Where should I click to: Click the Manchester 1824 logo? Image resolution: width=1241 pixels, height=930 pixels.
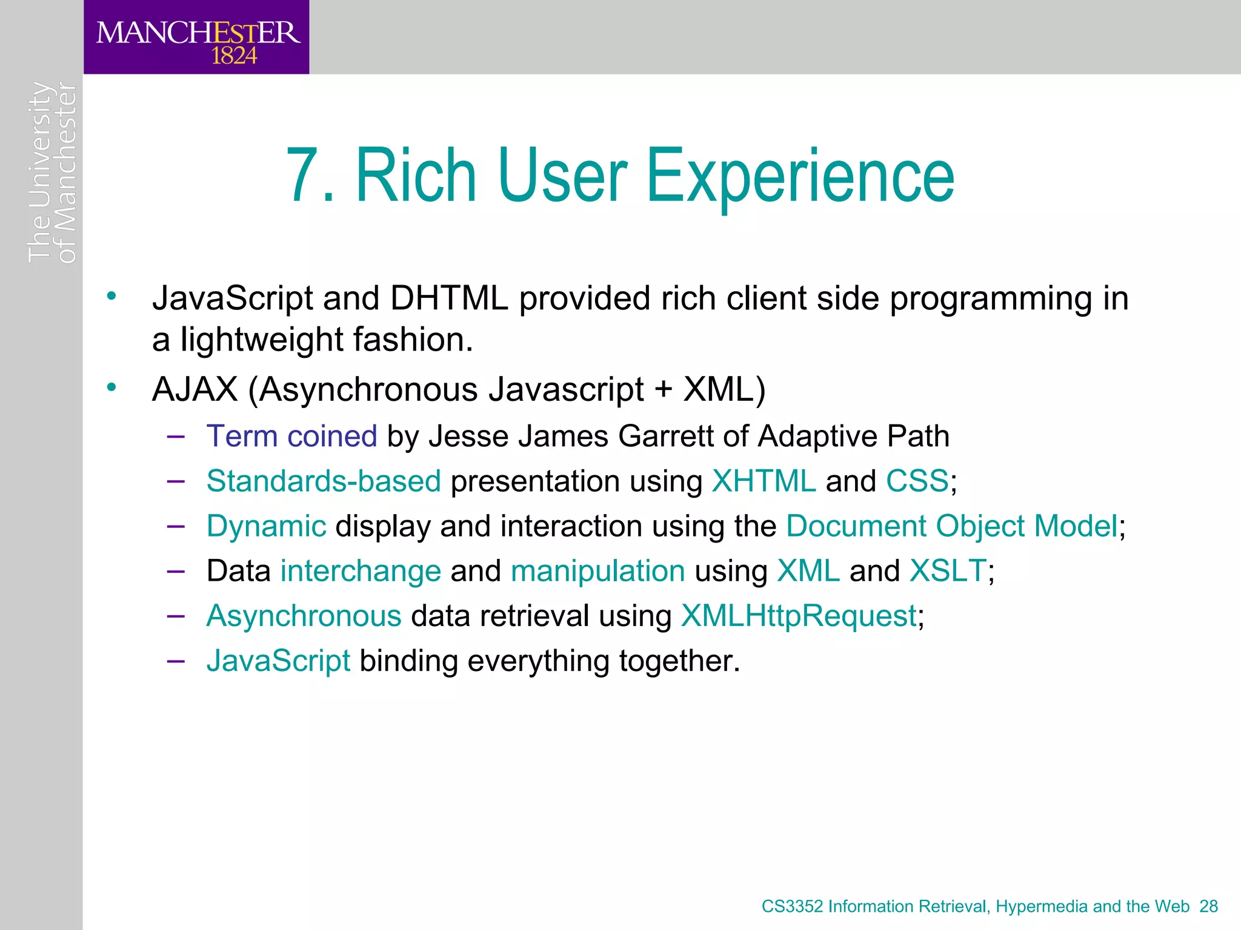point(197,38)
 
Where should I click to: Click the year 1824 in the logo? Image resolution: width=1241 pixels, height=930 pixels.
point(234,56)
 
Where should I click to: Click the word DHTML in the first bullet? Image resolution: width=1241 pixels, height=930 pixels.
point(449,298)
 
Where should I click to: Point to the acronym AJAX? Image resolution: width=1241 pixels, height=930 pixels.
point(195,389)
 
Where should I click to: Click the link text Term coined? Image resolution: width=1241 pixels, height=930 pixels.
point(291,436)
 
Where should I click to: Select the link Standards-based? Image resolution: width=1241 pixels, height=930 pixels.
point(324,481)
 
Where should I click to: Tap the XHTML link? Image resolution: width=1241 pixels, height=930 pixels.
point(764,481)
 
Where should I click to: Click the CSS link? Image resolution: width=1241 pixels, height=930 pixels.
point(917,481)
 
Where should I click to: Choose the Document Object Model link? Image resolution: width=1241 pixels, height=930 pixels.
point(951,526)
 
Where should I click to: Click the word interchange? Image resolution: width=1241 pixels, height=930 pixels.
point(361,570)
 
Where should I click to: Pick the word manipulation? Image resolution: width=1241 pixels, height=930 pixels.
point(597,570)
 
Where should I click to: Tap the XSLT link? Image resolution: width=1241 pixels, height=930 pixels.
point(948,570)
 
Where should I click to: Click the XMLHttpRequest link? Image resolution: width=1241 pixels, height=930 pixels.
point(799,616)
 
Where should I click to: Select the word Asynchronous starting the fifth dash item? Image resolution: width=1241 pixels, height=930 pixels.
point(304,616)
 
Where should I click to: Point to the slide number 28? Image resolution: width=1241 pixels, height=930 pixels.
point(1208,906)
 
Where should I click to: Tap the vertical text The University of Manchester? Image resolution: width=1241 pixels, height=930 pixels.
point(52,173)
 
